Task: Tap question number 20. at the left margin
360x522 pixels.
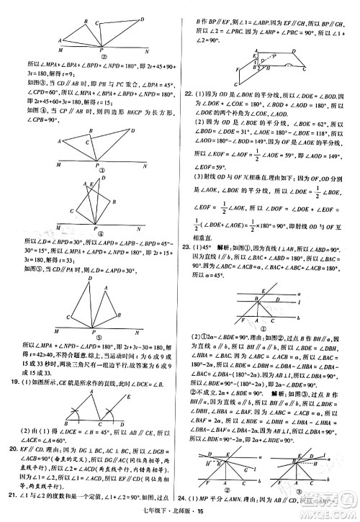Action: (11, 450)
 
